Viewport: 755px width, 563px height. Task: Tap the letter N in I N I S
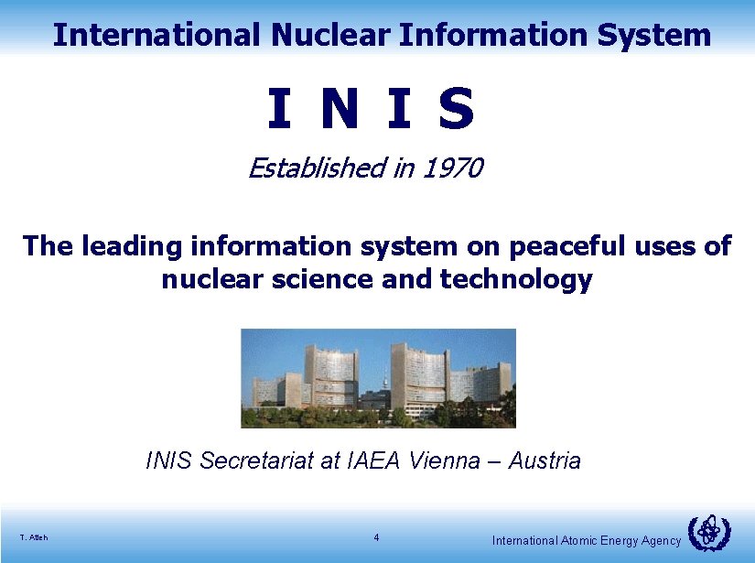(x=339, y=108)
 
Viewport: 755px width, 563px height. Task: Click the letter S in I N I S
(x=457, y=108)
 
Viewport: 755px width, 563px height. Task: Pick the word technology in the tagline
(x=516, y=278)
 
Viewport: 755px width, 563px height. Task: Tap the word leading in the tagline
(x=131, y=246)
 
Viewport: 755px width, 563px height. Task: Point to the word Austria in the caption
(x=545, y=460)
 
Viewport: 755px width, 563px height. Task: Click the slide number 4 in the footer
(x=376, y=537)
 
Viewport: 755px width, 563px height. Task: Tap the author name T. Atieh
(x=33, y=537)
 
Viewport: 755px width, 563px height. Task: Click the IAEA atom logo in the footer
(x=708, y=532)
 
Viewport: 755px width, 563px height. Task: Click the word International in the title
(x=156, y=35)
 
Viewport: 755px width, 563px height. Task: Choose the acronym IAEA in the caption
(x=376, y=460)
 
